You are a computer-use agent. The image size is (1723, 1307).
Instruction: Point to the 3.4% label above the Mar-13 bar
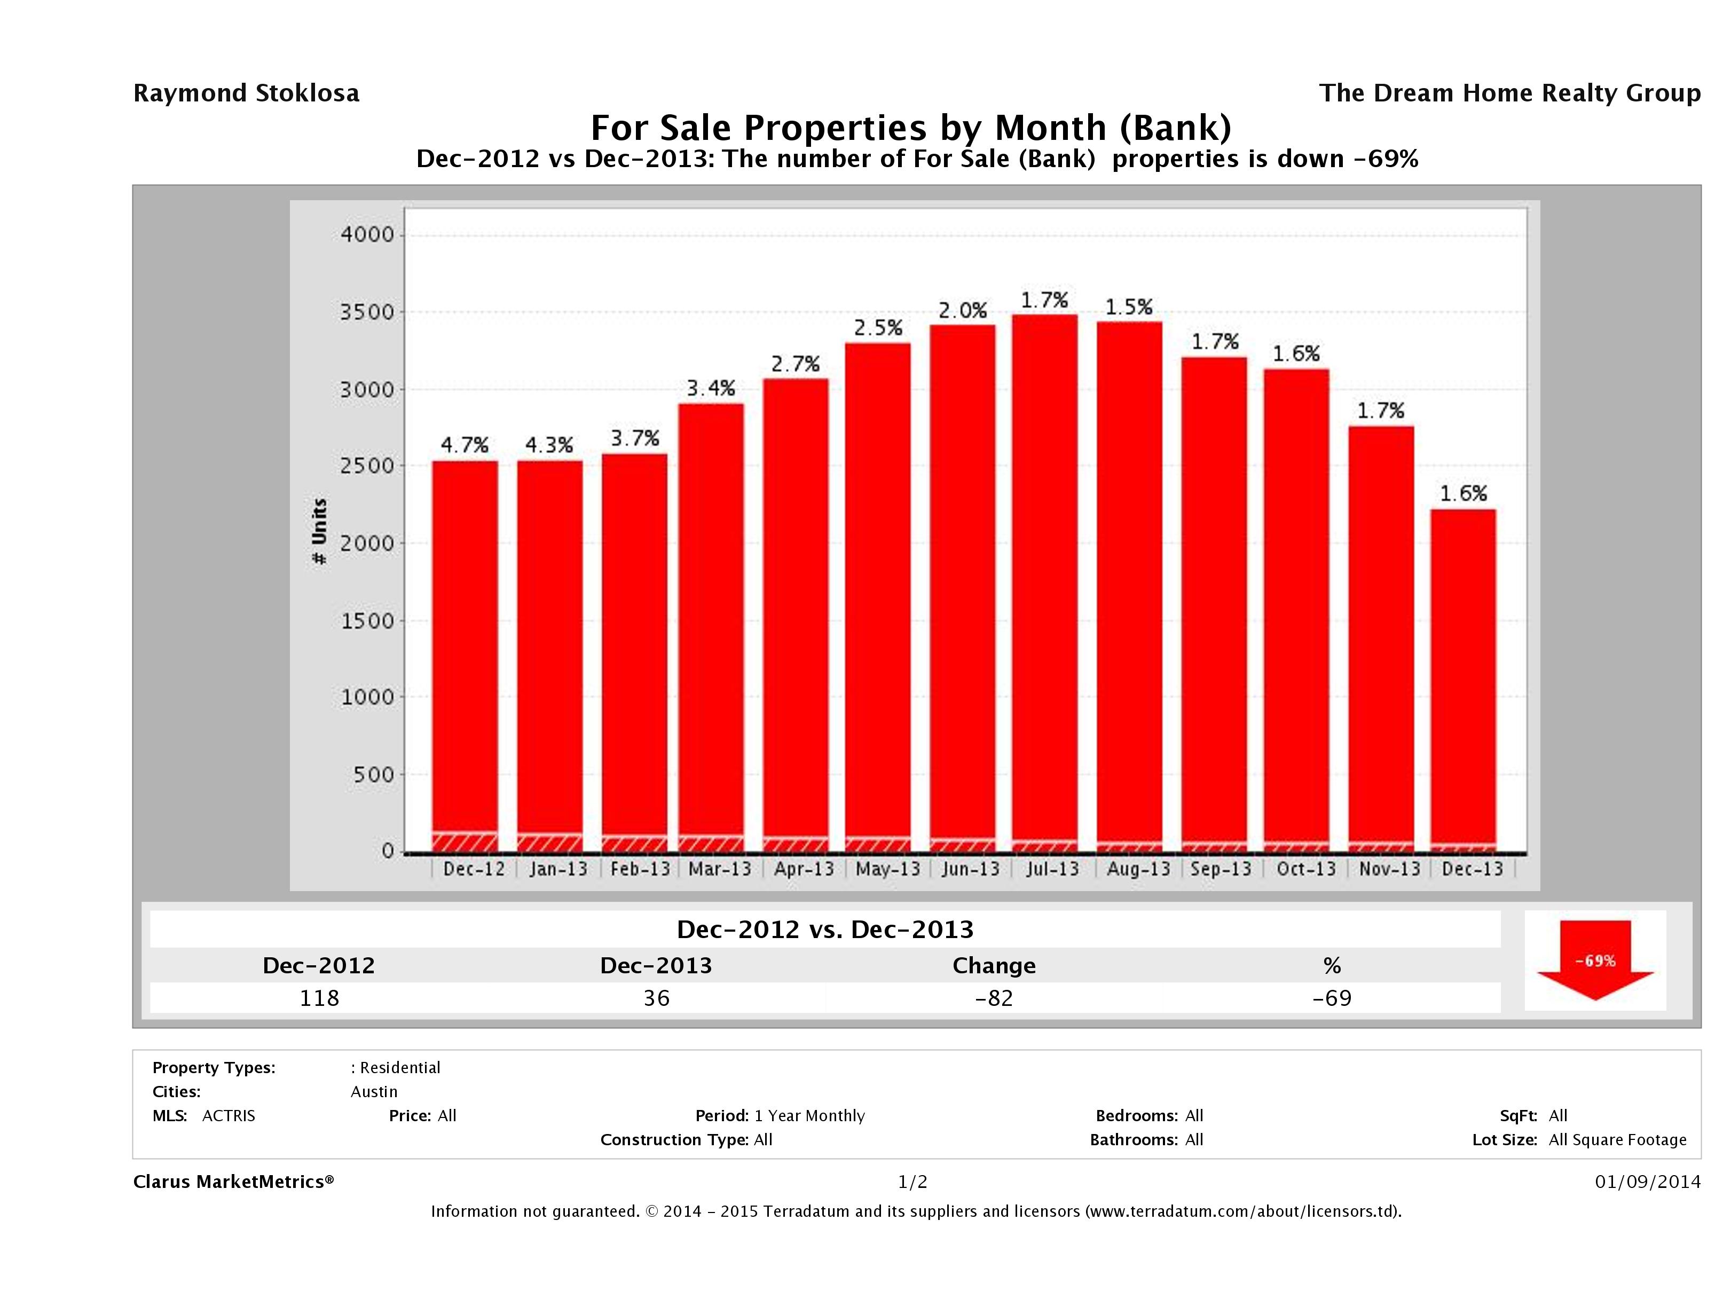pos(710,388)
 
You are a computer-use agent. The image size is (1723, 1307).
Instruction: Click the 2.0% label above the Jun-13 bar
pos(962,311)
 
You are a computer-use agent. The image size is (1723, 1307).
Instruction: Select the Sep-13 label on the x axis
pos(1221,869)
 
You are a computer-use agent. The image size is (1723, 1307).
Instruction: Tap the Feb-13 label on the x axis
pos(640,869)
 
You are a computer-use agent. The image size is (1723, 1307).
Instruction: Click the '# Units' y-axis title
pos(319,532)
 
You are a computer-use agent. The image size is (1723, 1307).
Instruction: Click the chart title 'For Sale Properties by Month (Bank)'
pos(910,128)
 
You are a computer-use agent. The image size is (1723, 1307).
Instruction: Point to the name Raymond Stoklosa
pos(246,93)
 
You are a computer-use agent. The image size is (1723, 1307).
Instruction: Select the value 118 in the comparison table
pos(319,998)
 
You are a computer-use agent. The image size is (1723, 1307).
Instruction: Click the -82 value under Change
pos(994,998)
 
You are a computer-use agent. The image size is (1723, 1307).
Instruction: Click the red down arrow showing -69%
pos(1594,959)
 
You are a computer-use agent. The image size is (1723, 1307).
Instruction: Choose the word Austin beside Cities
pos(374,1091)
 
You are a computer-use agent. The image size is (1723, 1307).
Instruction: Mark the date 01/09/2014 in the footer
pos(1647,1182)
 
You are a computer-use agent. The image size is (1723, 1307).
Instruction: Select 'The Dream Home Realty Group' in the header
pos(1509,93)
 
